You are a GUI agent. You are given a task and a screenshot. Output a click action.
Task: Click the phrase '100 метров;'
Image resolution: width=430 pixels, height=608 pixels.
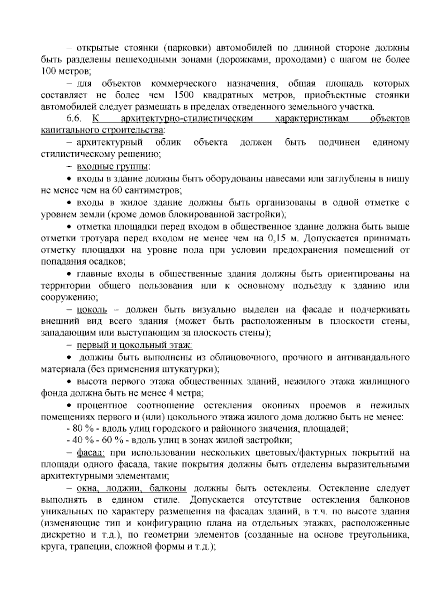[x=66, y=71]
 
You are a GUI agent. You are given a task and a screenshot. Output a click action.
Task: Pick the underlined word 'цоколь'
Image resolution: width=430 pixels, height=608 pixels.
[x=92, y=309]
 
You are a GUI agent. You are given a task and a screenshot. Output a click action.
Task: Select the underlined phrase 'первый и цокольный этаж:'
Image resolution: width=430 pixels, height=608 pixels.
[x=135, y=345]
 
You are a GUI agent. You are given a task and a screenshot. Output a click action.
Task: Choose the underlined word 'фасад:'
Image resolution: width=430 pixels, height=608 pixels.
[x=91, y=453]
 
